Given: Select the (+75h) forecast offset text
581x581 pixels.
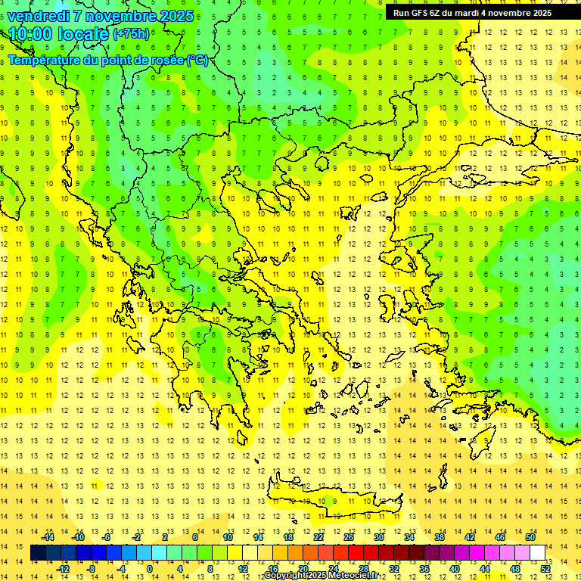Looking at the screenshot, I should (131, 34).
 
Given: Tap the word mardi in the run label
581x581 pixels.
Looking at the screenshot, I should (464, 13).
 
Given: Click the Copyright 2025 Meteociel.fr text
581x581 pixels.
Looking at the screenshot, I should (321, 576).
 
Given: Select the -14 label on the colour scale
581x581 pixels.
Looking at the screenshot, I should (48, 537).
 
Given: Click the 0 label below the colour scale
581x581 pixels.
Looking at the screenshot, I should (150, 568).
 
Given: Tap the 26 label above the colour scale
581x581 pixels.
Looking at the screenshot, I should (349, 537).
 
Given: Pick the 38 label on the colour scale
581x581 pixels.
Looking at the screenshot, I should (439, 537).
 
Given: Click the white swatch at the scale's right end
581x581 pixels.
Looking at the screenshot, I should (538, 553).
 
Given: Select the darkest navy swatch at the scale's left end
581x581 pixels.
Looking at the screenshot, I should (39, 553).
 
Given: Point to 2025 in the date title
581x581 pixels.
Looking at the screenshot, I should (171, 16).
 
